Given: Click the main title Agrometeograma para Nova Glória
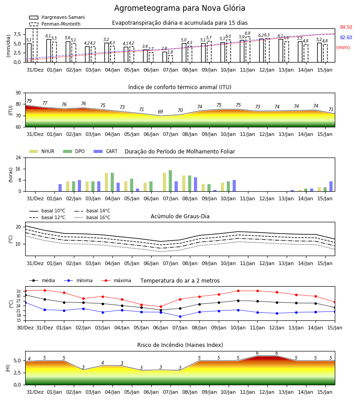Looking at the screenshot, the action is point(180,8).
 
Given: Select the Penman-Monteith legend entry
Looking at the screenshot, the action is point(55,24).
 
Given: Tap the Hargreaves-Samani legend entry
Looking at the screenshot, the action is point(57,17).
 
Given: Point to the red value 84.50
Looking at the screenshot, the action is point(346,27).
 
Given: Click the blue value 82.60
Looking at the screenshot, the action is point(346,37).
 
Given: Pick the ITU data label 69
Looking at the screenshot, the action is point(161,112).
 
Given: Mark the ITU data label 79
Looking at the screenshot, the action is point(29,101).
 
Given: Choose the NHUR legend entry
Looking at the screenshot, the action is point(42,151).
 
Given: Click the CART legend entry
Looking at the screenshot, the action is point(106,151).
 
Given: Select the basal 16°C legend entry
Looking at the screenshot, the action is point(92,217).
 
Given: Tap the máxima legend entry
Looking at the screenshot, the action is point(116,280).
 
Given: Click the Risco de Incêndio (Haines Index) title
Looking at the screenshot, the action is point(180,345).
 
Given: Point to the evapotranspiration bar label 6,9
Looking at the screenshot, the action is point(247,33).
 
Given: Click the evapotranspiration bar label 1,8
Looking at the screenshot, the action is point(170,52).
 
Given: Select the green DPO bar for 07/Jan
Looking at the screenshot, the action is point(171,181).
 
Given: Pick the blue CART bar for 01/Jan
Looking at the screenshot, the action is point(60,188).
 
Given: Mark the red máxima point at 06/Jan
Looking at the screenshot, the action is point(161,306).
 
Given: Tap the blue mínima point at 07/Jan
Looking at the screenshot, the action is point(180,316).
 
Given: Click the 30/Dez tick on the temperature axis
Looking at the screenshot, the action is point(25,328).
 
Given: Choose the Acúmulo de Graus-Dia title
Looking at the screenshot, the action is point(180,216).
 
